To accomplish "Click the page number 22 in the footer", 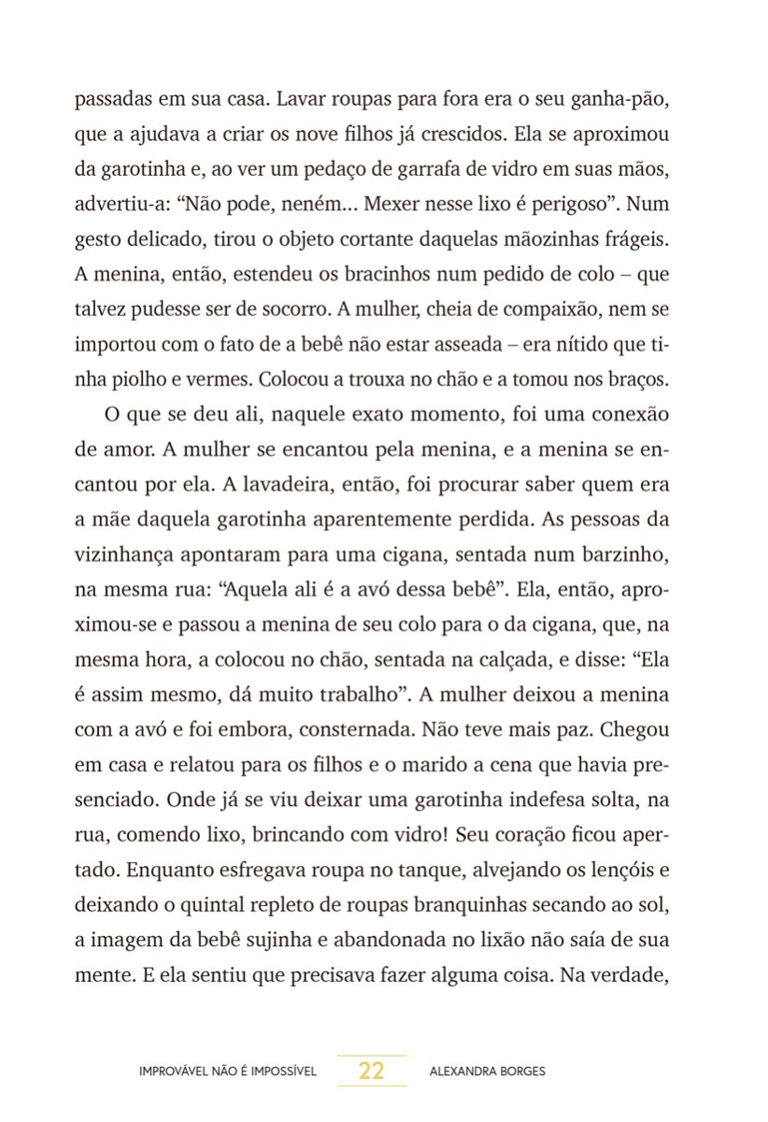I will click(x=371, y=1072).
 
